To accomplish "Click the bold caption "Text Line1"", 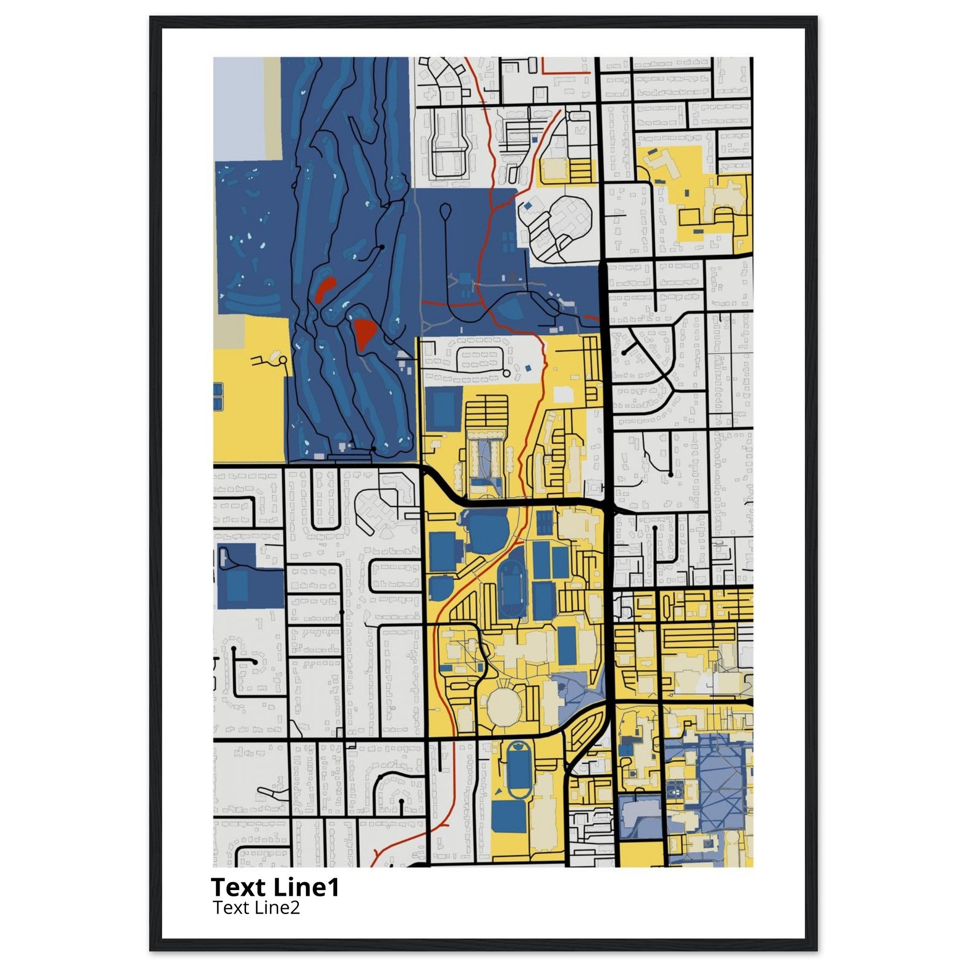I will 275,887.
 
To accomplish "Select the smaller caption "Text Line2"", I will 256,908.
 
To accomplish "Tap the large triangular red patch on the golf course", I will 365,333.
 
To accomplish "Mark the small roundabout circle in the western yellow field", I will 282,360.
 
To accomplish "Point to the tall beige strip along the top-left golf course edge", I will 272,108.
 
